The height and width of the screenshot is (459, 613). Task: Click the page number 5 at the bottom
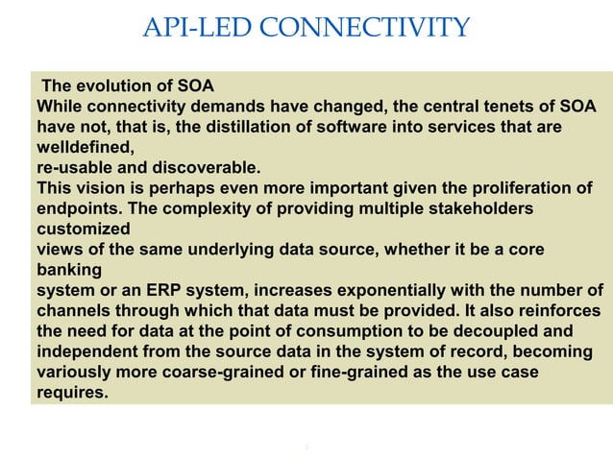coord(306,446)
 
